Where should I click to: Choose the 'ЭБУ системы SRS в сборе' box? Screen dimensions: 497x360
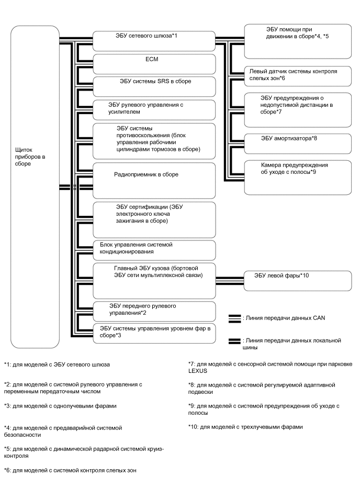(154, 86)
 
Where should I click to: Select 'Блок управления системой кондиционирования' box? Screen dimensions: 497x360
(154, 250)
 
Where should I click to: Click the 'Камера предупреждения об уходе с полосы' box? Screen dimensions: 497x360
(298, 170)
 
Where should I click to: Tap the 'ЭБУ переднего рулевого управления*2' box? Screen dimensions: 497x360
(154, 311)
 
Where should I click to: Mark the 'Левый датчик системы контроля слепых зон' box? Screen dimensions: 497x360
(298, 76)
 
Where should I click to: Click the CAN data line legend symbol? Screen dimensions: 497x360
(234, 318)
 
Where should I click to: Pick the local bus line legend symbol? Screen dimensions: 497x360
(234, 341)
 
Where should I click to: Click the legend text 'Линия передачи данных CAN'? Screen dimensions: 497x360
(280, 318)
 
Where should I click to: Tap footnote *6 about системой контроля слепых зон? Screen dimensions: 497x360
(70, 471)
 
